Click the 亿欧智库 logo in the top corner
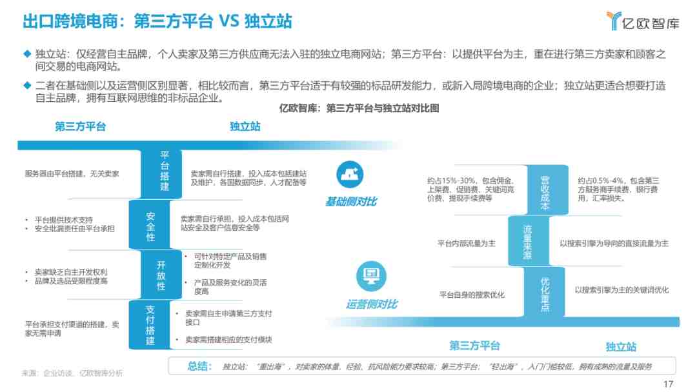(643, 21)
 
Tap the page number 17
(668, 384)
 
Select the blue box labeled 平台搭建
(163, 174)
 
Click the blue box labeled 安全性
(150, 224)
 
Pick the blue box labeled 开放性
(161, 275)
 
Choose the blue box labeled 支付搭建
(150, 325)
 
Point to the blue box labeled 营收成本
(545, 190)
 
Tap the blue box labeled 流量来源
(528, 241)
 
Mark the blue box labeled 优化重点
(545, 291)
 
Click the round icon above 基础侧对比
(350, 174)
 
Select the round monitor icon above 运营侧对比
(371, 275)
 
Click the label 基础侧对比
(351, 202)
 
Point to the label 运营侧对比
(372, 304)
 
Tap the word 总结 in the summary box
(199, 366)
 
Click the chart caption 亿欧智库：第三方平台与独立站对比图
(359, 108)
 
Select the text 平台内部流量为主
(467, 243)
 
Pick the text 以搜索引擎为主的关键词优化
(621, 290)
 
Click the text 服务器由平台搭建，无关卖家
(72, 173)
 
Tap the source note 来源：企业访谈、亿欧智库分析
(72, 373)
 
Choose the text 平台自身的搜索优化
(472, 295)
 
